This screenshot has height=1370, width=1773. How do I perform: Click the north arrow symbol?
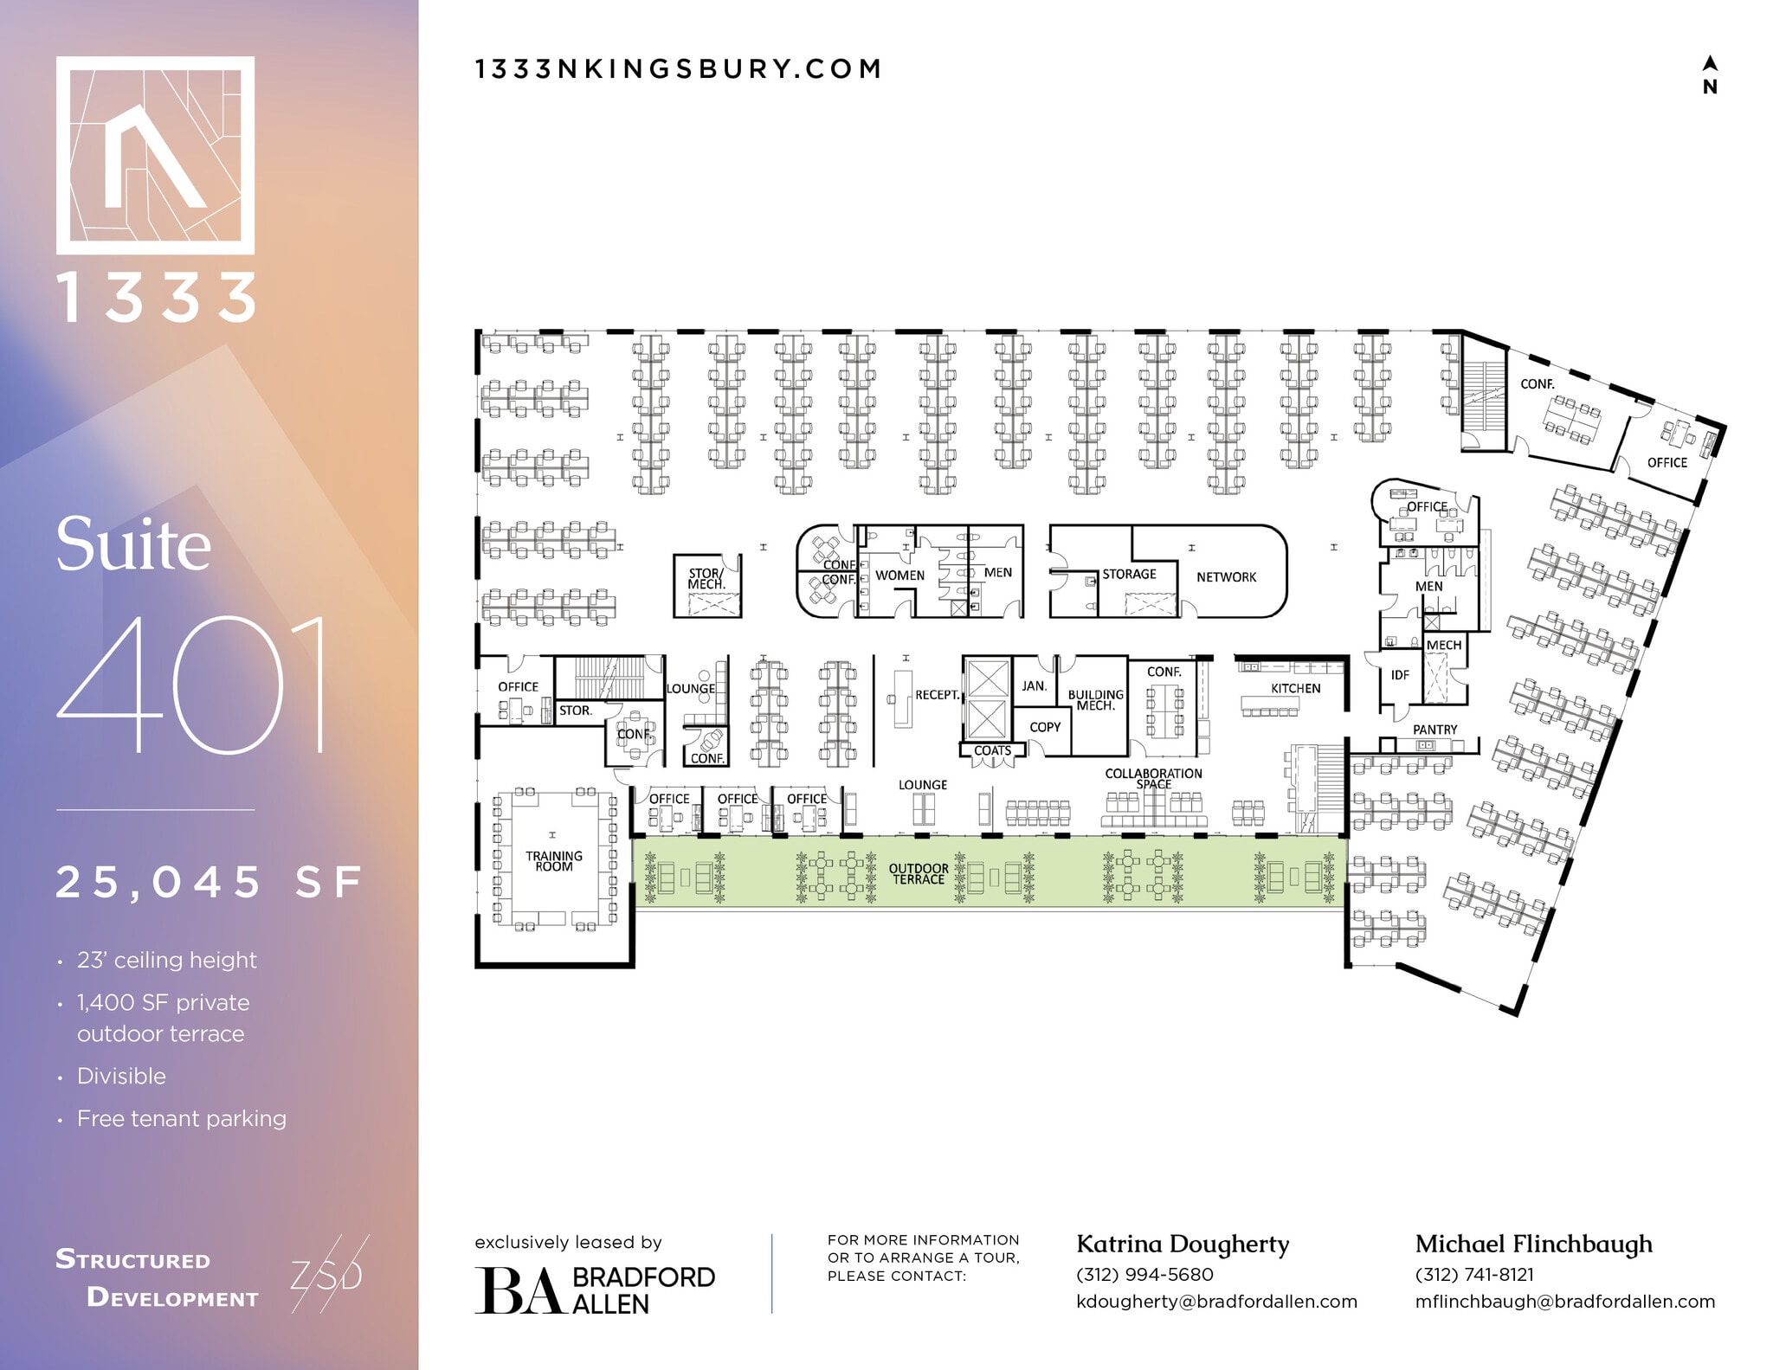click(x=1710, y=74)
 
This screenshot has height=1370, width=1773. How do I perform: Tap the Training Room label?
click(x=554, y=861)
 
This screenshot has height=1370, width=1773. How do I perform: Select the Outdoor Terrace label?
click(x=919, y=874)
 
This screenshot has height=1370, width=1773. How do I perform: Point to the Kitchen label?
click(x=1295, y=688)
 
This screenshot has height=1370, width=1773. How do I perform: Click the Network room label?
click(x=1226, y=577)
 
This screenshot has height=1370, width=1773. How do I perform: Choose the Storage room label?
click(x=1129, y=574)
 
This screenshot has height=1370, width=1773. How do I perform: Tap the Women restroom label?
click(x=899, y=576)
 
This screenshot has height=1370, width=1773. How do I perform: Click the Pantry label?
click(x=1435, y=730)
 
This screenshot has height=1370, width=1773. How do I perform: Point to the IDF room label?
click(x=1400, y=675)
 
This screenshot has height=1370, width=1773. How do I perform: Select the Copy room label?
click(x=1045, y=727)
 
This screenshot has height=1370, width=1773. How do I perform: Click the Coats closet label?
click(x=992, y=750)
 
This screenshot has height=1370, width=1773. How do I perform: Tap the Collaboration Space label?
click(x=1153, y=778)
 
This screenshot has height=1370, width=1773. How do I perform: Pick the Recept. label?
click(x=937, y=695)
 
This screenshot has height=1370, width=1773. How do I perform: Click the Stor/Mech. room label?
click(x=706, y=578)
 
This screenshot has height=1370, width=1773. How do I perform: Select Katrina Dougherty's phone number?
click(x=1144, y=1275)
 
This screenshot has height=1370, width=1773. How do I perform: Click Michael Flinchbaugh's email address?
click(x=1564, y=1302)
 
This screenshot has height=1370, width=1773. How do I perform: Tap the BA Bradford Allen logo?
click(x=595, y=1290)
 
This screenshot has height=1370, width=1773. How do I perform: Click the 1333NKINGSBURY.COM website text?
click(x=679, y=69)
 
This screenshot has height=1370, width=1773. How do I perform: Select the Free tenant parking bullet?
click(x=181, y=1118)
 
